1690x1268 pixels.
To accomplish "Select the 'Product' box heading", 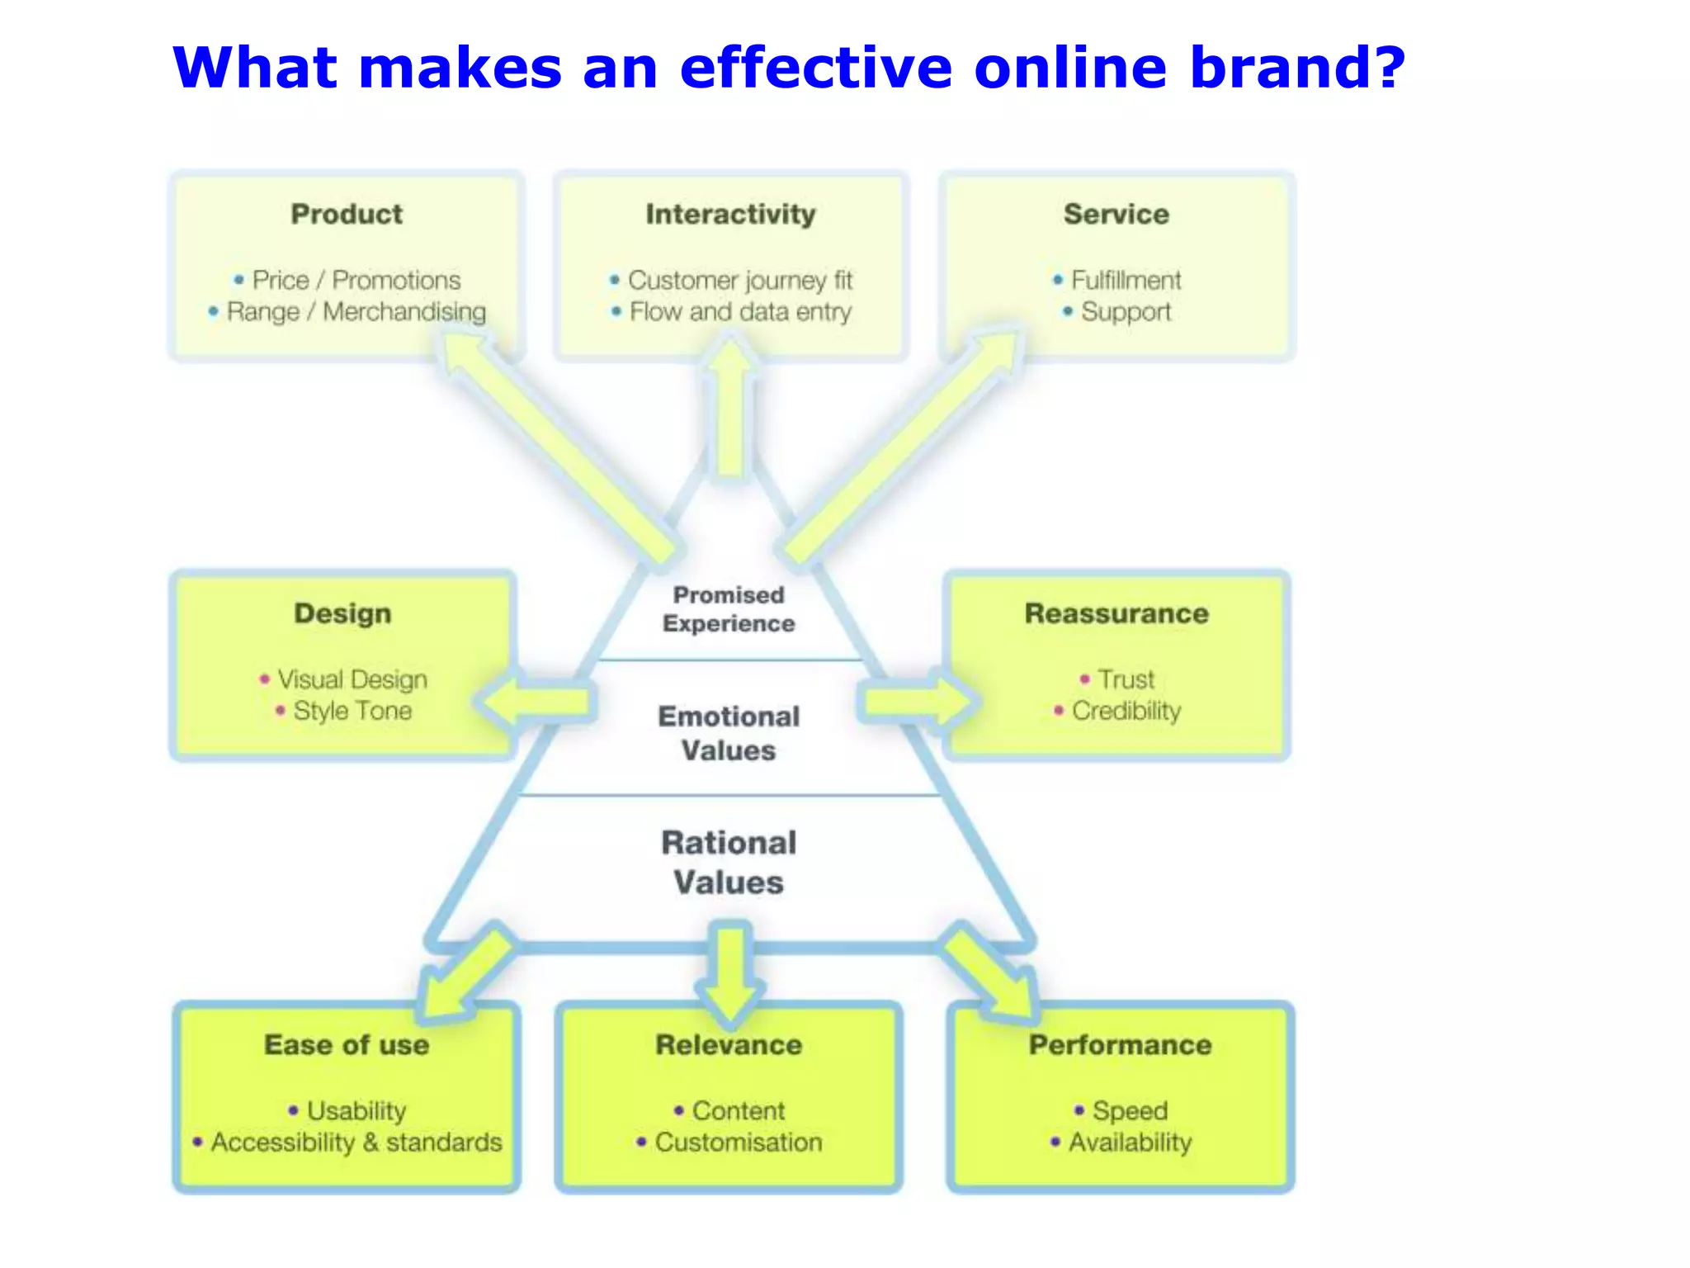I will pyautogui.click(x=347, y=214).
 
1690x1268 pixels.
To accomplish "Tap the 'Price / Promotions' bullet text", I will pyautogui.click(x=356, y=280).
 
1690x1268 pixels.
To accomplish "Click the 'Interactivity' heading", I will pyautogui.click(x=730, y=214).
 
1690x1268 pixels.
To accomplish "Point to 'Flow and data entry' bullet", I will pyautogui.click(x=739, y=312).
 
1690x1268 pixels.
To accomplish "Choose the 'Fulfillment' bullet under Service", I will pyautogui.click(x=1126, y=280).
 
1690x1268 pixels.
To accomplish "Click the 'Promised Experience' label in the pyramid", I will pyautogui.click(x=729, y=609).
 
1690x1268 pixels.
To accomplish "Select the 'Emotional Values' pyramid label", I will pyautogui.click(x=729, y=733).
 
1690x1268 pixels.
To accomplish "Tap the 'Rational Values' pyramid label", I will pyautogui.click(x=729, y=863).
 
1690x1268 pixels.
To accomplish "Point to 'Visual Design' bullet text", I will pyautogui.click(x=352, y=679).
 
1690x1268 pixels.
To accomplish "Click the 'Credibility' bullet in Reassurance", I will pyautogui.click(x=1126, y=711).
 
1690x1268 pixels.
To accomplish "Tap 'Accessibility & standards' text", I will pyautogui.click(x=356, y=1143).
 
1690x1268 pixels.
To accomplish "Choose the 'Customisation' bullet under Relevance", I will pyautogui.click(x=738, y=1143).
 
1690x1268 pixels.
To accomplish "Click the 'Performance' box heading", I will pyautogui.click(x=1120, y=1045).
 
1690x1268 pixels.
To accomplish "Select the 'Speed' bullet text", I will pyautogui.click(x=1129, y=1110).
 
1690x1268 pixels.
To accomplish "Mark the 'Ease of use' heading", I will pyautogui.click(x=347, y=1045).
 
